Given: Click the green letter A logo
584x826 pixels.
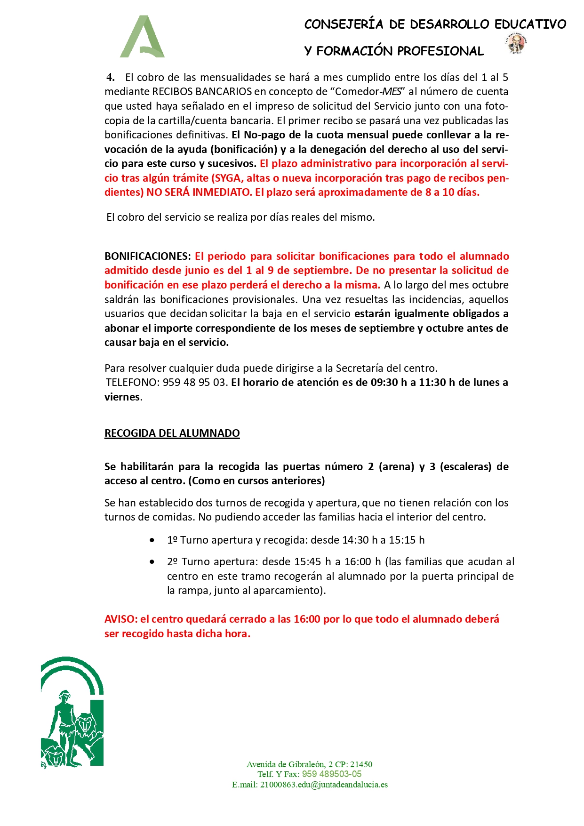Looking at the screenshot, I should [142, 37].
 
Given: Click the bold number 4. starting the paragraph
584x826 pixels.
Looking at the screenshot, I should [111, 78].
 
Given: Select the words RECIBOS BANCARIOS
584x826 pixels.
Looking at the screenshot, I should [202, 92].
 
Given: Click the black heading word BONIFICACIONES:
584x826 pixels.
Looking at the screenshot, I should [147, 257].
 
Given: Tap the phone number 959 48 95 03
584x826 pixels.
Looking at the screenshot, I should [194, 383].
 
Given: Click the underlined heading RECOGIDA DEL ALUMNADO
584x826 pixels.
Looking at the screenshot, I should [172, 433].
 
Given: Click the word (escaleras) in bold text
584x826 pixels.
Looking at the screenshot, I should [465, 467].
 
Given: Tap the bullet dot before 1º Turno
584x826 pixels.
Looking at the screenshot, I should [152, 540].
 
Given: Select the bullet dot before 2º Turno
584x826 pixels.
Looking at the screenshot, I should [152, 562].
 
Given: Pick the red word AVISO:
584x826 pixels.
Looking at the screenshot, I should [121, 619].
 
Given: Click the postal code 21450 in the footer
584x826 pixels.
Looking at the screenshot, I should [361, 764].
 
